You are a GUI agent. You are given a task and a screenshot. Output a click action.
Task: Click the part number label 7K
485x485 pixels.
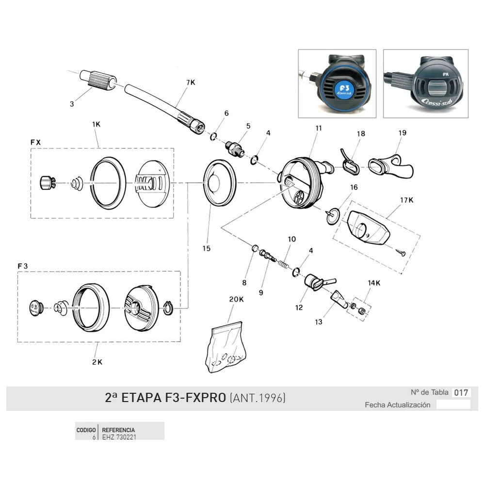(191, 82)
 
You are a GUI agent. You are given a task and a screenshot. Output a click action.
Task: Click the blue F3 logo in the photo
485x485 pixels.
(344, 90)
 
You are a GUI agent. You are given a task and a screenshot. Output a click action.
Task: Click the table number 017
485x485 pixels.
(461, 393)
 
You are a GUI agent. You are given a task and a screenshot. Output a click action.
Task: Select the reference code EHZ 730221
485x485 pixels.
(119, 437)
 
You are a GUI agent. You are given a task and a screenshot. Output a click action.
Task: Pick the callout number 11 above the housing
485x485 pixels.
(319, 128)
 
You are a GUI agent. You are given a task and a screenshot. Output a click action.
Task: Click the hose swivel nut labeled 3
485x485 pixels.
(98, 80)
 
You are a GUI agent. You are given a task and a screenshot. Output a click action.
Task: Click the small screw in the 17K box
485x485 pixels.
(401, 252)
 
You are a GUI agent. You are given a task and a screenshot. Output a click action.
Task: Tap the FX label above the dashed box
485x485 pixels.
(35, 142)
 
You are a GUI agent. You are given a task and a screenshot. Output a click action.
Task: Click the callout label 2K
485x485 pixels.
(97, 362)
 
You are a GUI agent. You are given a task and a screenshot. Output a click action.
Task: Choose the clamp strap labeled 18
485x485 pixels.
(350, 162)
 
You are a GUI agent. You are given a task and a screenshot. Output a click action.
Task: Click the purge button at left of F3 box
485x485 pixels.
(35, 308)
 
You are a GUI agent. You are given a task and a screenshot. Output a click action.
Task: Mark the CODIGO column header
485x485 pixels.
(86, 430)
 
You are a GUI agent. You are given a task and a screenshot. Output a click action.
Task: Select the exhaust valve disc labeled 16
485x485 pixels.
(333, 215)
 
